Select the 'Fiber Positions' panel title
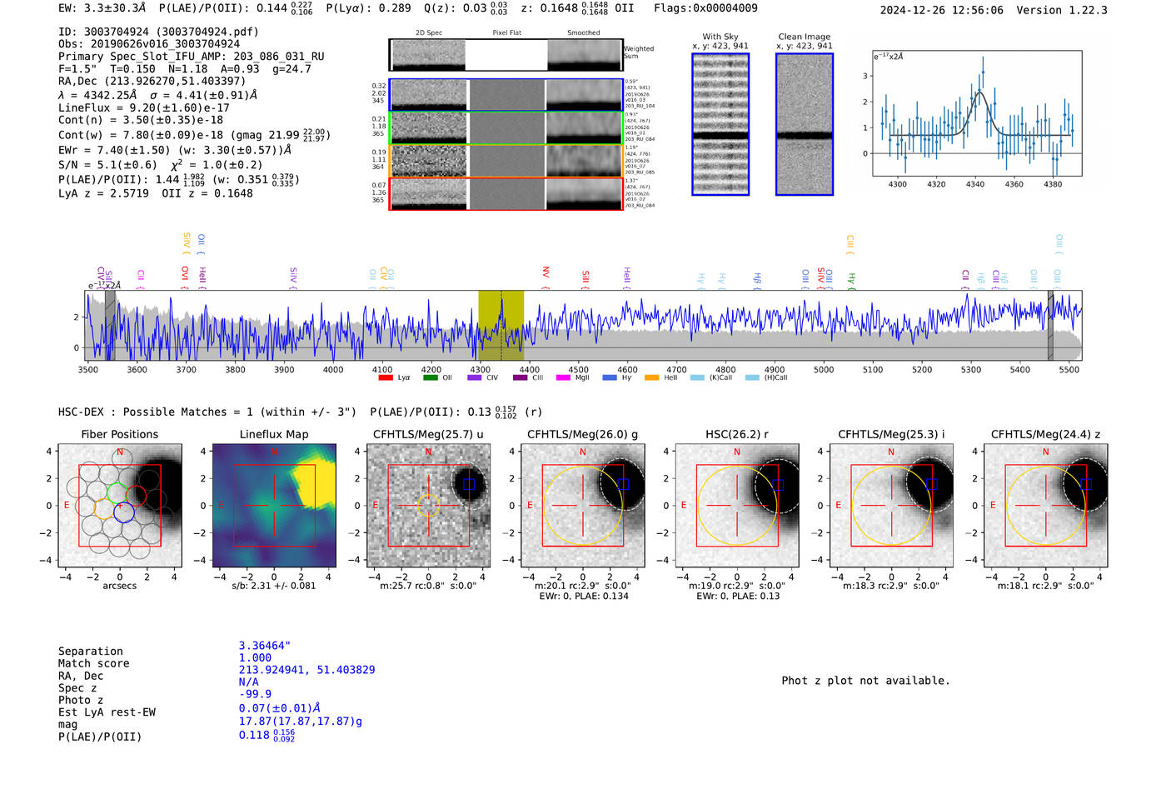(119, 434)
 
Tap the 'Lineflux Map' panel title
(273, 434)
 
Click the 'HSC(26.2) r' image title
(736, 434)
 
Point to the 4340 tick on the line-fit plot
(975, 184)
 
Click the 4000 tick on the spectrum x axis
(333, 369)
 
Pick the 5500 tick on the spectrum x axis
(1069, 369)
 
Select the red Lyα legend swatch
(386, 377)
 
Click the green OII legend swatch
(430, 377)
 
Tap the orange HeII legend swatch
(651, 377)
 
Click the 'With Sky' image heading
(720, 37)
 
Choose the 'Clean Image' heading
(804, 37)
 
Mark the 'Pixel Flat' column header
(506, 33)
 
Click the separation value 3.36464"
(265, 646)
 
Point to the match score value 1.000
(255, 657)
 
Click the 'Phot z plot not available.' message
(865, 681)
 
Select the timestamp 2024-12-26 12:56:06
(941, 10)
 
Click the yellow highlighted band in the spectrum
(501, 325)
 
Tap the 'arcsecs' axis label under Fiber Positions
(119, 586)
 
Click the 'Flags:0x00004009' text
(705, 8)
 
